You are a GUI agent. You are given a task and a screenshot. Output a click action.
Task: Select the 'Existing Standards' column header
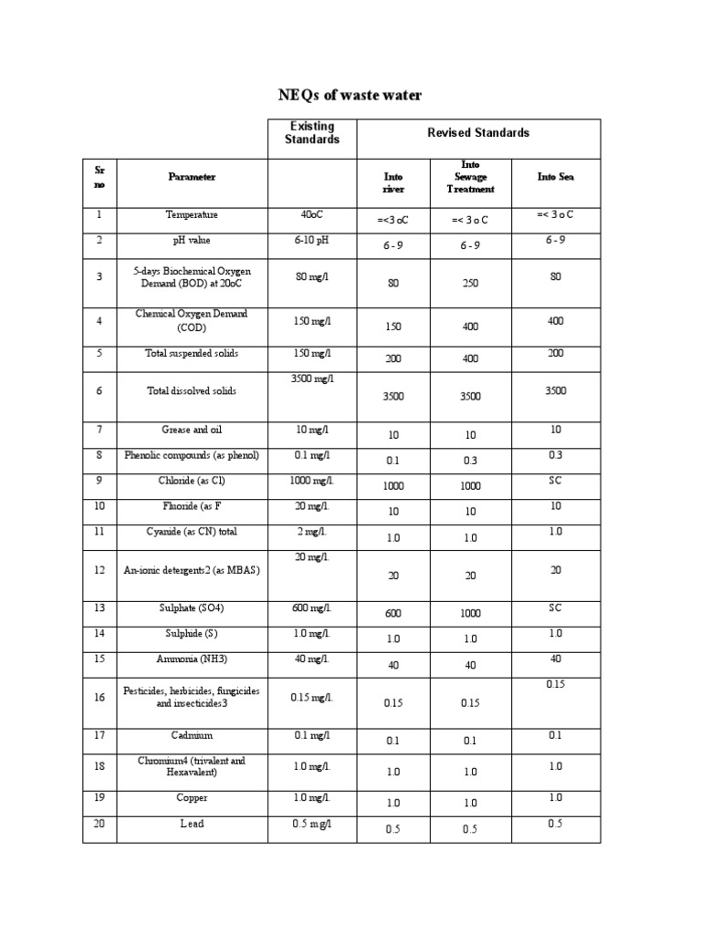[312, 133]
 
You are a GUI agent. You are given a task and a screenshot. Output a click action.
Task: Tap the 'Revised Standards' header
[478, 133]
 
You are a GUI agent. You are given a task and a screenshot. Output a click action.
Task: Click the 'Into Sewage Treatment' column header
[470, 177]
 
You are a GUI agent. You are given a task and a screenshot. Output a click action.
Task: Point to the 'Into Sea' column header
[555, 177]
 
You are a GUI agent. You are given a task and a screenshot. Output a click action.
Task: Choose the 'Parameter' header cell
[192, 177]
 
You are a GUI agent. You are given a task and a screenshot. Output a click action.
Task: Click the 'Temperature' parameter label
[192, 215]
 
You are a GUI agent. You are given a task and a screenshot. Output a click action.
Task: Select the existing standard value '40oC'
[312, 215]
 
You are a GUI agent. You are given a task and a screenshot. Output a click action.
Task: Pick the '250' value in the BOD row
[470, 284]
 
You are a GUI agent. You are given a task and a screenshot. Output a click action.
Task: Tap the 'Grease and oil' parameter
[192, 430]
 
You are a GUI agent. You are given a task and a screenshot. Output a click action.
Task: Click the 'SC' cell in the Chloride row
[555, 480]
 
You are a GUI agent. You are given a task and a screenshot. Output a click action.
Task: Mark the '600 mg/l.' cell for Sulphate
[312, 608]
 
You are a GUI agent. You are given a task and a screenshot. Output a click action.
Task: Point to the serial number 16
[99, 698]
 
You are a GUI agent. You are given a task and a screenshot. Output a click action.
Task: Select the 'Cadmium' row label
[192, 735]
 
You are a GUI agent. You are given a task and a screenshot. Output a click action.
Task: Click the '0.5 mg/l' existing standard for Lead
[312, 824]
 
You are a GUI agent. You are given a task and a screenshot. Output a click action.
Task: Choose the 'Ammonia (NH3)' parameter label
[192, 659]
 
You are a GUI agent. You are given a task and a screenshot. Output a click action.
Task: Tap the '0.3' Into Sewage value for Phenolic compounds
[470, 462]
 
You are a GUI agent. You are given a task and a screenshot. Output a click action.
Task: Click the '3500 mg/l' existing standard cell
[312, 379]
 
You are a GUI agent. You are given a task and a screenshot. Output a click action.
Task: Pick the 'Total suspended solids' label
[192, 353]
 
